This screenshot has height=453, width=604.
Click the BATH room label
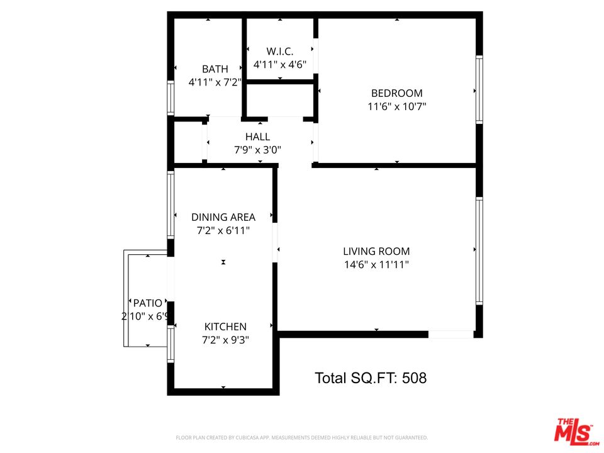pyautogui.click(x=215, y=69)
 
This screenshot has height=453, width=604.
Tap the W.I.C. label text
pyautogui.click(x=280, y=51)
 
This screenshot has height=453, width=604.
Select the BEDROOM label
pyautogui.click(x=397, y=93)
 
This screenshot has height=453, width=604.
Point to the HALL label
pyautogui.click(x=257, y=137)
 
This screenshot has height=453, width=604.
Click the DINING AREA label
pyautogui.click(x=223, y=218)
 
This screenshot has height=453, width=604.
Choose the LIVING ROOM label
pyautogui.click(x=376, y=251)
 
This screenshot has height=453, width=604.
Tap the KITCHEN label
pyautogui.click(x=225, y=327)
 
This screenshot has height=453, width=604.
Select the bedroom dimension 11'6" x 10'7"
pyautogui.click(x=397, y=107)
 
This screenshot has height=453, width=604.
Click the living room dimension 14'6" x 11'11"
pyautogui.click(x=376, y=265)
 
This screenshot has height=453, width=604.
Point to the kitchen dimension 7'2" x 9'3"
pyautogui.click(x=225, y=340)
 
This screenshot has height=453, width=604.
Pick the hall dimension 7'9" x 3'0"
pyautogui.click(x=257, y=150)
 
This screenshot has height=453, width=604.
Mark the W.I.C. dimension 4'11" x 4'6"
pyautogui.click(x=280, y=65)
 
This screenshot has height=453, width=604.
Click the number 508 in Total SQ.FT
pyautogui.click(x=413, y=378)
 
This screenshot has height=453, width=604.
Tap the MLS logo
pyautogui.click(x=573, y=431)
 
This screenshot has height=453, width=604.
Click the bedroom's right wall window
pyautogui.click(x=479, y=89)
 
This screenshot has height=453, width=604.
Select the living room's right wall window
pyautogui.click(x=479, y=251)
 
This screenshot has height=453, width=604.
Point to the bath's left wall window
pyautogui.click(x=170, y=98)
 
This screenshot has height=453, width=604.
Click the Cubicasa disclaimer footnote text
pyautogui.click(x=302, y=437)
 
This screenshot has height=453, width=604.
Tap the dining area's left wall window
pyautogui.click(x=170, y=204)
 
